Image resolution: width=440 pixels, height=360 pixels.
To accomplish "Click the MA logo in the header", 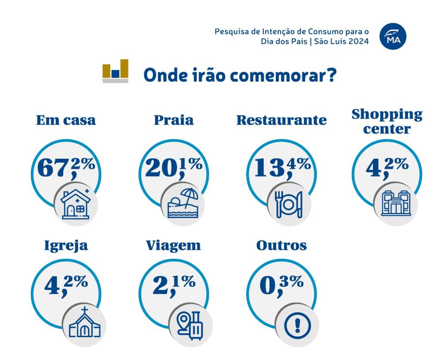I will [393, 37].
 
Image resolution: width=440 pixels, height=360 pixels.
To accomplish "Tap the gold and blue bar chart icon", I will [115, 71].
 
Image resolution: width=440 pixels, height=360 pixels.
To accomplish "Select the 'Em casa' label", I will [66, 120].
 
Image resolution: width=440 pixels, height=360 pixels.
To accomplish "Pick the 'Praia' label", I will [174, 120].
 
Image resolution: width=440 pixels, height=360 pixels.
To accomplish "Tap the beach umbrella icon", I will [183, 203].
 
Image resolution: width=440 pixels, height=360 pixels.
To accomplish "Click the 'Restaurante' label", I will [281, 120].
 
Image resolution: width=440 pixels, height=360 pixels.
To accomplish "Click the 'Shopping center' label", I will [387, 121].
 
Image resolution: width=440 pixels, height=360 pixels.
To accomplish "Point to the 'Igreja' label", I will [66, 245].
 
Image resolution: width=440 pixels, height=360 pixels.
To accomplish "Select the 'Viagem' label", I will [173, 245].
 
